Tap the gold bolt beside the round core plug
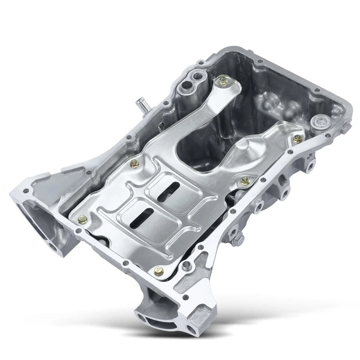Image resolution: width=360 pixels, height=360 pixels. pyautogui.click(x=298, y=139)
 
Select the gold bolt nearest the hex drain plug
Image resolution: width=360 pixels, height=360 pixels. pyautogui.click(x=244, y=181)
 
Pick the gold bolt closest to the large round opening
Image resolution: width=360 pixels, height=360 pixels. pyautogui.click(x=82, y=220)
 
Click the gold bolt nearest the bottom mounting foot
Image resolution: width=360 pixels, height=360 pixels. pyautogui.click(x=158, y=271)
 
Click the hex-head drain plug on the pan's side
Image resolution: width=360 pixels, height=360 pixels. pyautogui.click(x=237, y=239)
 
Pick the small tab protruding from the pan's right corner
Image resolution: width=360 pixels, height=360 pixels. pyautogui.click(x=308, y=162)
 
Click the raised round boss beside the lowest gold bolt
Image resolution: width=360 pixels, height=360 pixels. pyautogui.click(x=188, y=265)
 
